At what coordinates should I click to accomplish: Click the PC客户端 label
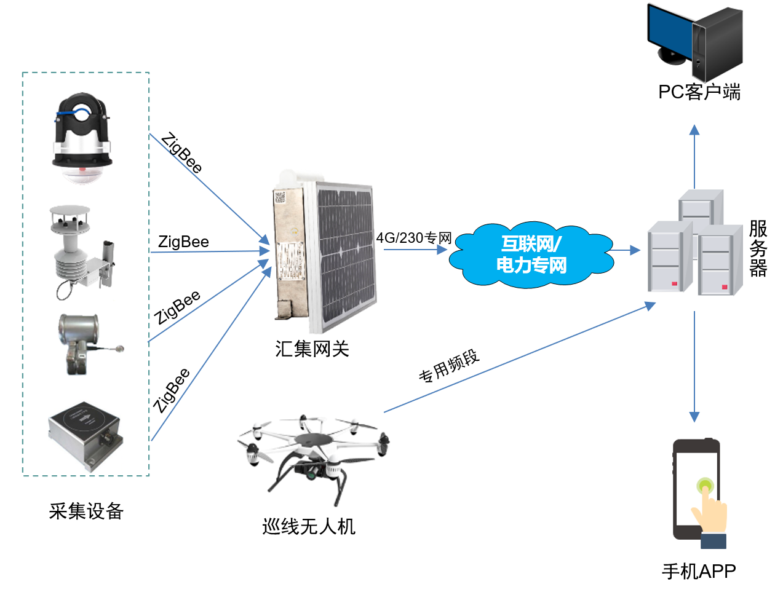(699, 92)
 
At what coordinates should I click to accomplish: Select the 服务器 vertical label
(758, 248)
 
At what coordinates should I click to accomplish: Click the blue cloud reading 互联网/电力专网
(531, 255)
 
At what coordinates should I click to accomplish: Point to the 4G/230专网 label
(414, 238)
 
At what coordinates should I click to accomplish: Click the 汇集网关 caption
(312, 349)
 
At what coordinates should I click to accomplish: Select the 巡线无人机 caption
(309, 526)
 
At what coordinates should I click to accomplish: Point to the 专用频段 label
(448, 367)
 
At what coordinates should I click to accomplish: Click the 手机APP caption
(699, 571)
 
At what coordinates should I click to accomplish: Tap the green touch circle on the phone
(705, 487)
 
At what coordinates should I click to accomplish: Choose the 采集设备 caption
(86, 511)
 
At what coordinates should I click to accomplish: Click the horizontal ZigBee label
(183, 242)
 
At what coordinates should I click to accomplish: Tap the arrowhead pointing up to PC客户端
(694, 130)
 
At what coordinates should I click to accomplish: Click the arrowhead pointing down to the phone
(694, 416)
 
